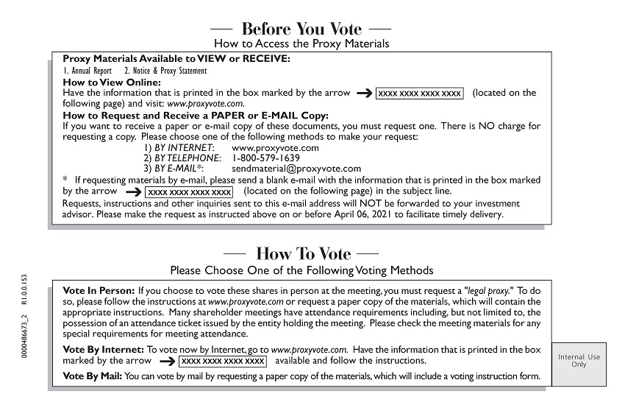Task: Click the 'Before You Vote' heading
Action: click(x=301, y=29)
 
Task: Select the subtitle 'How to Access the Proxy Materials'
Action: click(x=301, y=44)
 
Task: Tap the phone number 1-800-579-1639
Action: click(x=265, y=158)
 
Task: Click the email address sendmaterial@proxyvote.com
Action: click(x=296, y=169)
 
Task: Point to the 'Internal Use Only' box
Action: click(x=579, y=361)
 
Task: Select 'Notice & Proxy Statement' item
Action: click(x=170, y=71)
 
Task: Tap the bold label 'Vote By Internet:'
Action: click(x=104, y=349)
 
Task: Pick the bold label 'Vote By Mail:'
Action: click(x=93, y=377)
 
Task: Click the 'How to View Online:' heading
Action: click(x=112, y=82)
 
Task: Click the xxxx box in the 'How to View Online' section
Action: click(x=420, y=94)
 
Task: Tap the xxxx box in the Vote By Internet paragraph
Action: click(x=223, y=362)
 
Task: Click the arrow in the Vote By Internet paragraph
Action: click(x=167, y=362)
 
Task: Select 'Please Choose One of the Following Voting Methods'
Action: click(x=301, y=270)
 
